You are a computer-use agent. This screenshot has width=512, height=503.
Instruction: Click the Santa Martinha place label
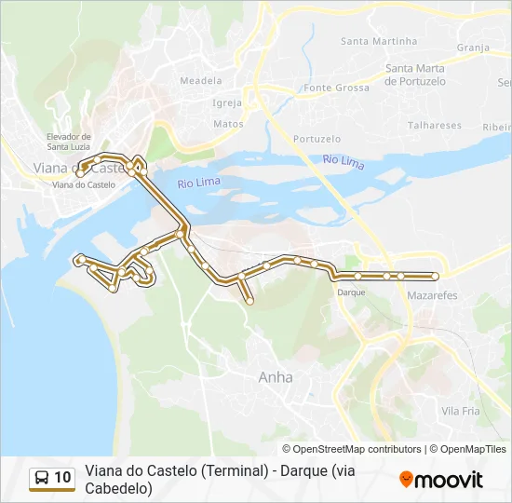(x=379, y=41)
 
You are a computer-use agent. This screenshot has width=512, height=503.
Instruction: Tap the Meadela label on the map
(x=200, y=81)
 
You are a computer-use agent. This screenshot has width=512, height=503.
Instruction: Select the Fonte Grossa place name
(x=336, y=88)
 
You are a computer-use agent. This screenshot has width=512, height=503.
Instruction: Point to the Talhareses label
(x=434, y=125)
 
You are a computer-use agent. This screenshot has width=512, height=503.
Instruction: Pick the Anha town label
(x=275, y=377)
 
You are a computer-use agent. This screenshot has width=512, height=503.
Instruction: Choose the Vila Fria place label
(x=460, y=411)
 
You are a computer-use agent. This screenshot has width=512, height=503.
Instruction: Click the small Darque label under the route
(x=351, y=292)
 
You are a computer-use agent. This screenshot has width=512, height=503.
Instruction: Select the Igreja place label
(x=227, y=102)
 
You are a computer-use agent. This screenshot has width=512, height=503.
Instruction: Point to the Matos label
(x=228, y=123)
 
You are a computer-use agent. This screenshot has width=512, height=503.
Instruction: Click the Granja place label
(x=473, y=48)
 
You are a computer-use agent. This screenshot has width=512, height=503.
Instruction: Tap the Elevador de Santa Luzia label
(x=69, y=141)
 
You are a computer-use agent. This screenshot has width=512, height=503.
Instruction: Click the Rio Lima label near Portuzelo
(x=344, y=161)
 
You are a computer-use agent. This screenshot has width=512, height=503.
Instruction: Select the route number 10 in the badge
(x=62, y=478)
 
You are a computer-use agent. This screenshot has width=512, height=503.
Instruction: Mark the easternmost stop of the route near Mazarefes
(x=435, y=276)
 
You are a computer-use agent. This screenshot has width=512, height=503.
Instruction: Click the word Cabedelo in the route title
(x=118, y=488)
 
